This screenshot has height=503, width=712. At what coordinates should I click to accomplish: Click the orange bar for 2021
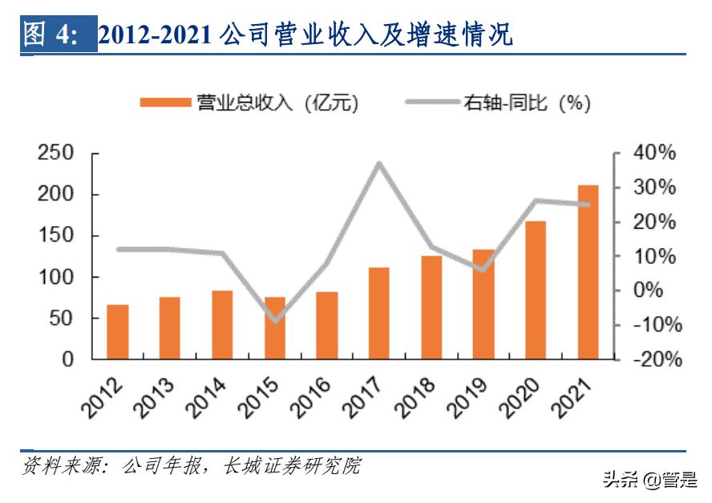(588, 272)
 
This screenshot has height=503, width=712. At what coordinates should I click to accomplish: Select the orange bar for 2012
(118, 331)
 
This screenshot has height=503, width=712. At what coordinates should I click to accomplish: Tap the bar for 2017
(378, 313)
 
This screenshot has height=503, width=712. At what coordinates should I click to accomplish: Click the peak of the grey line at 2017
(378, 164)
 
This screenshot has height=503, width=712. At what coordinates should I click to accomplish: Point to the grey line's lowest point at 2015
(275, 321)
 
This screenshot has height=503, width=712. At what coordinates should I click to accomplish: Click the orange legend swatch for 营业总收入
(164, 103)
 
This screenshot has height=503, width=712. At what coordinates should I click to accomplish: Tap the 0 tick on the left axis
(67, 359)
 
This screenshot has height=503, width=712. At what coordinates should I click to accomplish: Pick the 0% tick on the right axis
(659, 290)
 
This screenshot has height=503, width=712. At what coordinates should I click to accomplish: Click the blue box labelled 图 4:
(58, 35)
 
